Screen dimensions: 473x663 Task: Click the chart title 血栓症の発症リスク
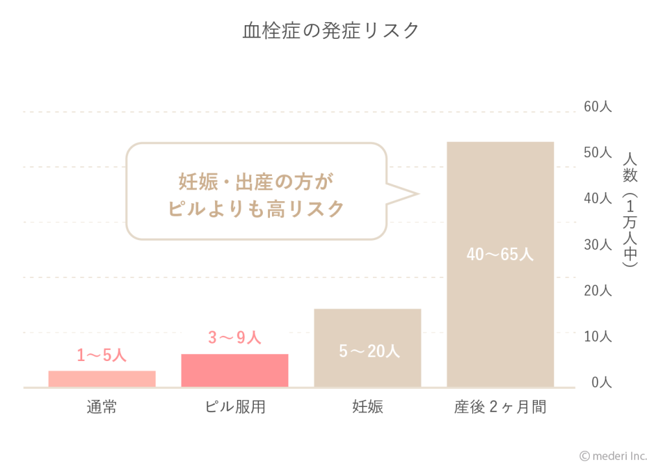pos(331,30)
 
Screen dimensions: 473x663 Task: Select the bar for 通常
pos(102,379)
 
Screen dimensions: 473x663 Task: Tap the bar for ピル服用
pos(234,371)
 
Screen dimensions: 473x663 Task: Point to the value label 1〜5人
pos(102,355)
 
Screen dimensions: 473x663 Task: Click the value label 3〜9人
pos(234,338)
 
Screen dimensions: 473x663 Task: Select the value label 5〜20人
pos(369,351)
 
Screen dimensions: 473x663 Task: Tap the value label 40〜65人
pos(500,254)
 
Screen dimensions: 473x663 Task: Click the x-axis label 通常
pos(102,408)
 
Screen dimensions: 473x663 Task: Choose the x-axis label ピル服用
pos(234,408)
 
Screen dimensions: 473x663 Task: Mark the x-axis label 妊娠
pos(367,408)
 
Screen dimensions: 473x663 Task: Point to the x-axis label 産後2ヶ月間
pos(500,408)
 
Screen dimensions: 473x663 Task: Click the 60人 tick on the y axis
pos(597,107)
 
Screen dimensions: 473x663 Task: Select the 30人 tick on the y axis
pos(597,245)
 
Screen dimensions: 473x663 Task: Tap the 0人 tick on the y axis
pos(600,382)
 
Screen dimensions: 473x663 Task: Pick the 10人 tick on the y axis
pos(597,336)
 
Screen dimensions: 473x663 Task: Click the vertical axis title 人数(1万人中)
pos(629,210)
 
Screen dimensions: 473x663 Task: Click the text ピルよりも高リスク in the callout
pos(256,209)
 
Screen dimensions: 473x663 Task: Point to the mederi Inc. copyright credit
pos(612,456)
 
